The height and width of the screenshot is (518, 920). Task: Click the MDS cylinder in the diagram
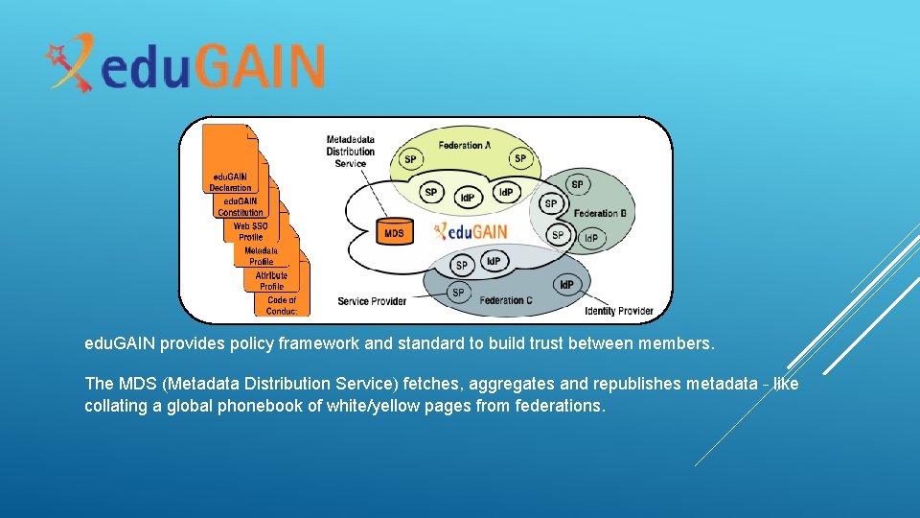tap(394, 232)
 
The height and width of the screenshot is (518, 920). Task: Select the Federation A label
tap(465, 146)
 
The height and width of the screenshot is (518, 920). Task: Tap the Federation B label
tap(596, 213)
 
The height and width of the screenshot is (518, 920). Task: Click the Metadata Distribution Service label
tap(350, 151)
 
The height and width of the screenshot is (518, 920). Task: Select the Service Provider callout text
tap(372, 301)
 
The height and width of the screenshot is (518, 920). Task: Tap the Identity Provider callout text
tap(619, 311)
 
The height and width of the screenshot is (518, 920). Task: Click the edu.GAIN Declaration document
tap(230, 182)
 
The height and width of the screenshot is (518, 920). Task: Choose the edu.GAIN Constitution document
tap(241, 207)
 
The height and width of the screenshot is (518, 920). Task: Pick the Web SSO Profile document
tap(251, 232)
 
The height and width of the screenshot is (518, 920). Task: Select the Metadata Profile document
tap(261, 256)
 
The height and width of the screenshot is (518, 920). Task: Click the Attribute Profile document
tap(271, 281)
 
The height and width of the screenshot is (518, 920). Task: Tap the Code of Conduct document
tap(282, 305)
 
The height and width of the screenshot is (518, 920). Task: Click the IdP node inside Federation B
tap(591, 238)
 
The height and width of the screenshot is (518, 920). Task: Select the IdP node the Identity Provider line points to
tap(566, 285)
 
